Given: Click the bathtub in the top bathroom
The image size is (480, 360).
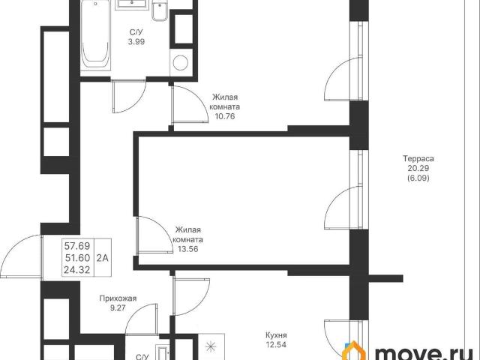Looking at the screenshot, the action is (95, 35).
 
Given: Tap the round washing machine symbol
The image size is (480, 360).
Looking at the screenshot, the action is (181, 63).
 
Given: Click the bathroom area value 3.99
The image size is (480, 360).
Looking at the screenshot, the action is (136, 42).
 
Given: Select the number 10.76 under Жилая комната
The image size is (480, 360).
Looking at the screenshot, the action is (225, 117).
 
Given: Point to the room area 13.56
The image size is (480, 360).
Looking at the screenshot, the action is (188, 249).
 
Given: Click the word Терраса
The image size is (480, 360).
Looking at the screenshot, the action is (418, 159).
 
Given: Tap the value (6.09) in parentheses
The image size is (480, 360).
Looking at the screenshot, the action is (418, 178).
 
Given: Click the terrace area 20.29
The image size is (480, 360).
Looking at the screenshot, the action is (418, 168).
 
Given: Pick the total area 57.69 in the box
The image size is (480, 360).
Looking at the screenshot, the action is (77, 246).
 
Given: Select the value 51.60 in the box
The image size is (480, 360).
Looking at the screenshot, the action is (77, 258).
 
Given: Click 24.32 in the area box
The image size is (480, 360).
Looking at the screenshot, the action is (77, 270).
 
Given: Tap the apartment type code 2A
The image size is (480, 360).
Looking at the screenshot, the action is (103, 258).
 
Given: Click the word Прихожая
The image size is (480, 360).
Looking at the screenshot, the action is (118, 298).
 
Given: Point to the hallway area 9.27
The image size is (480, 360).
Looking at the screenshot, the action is (118, 308).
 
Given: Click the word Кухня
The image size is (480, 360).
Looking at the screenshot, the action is (276, 335).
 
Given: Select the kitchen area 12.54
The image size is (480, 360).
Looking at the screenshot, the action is (276, 345).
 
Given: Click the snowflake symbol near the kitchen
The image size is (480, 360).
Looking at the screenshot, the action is (210, 346).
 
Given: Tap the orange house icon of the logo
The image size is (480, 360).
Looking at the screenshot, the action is (355, 351).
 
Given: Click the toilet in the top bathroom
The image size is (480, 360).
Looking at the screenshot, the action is (160, 11).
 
